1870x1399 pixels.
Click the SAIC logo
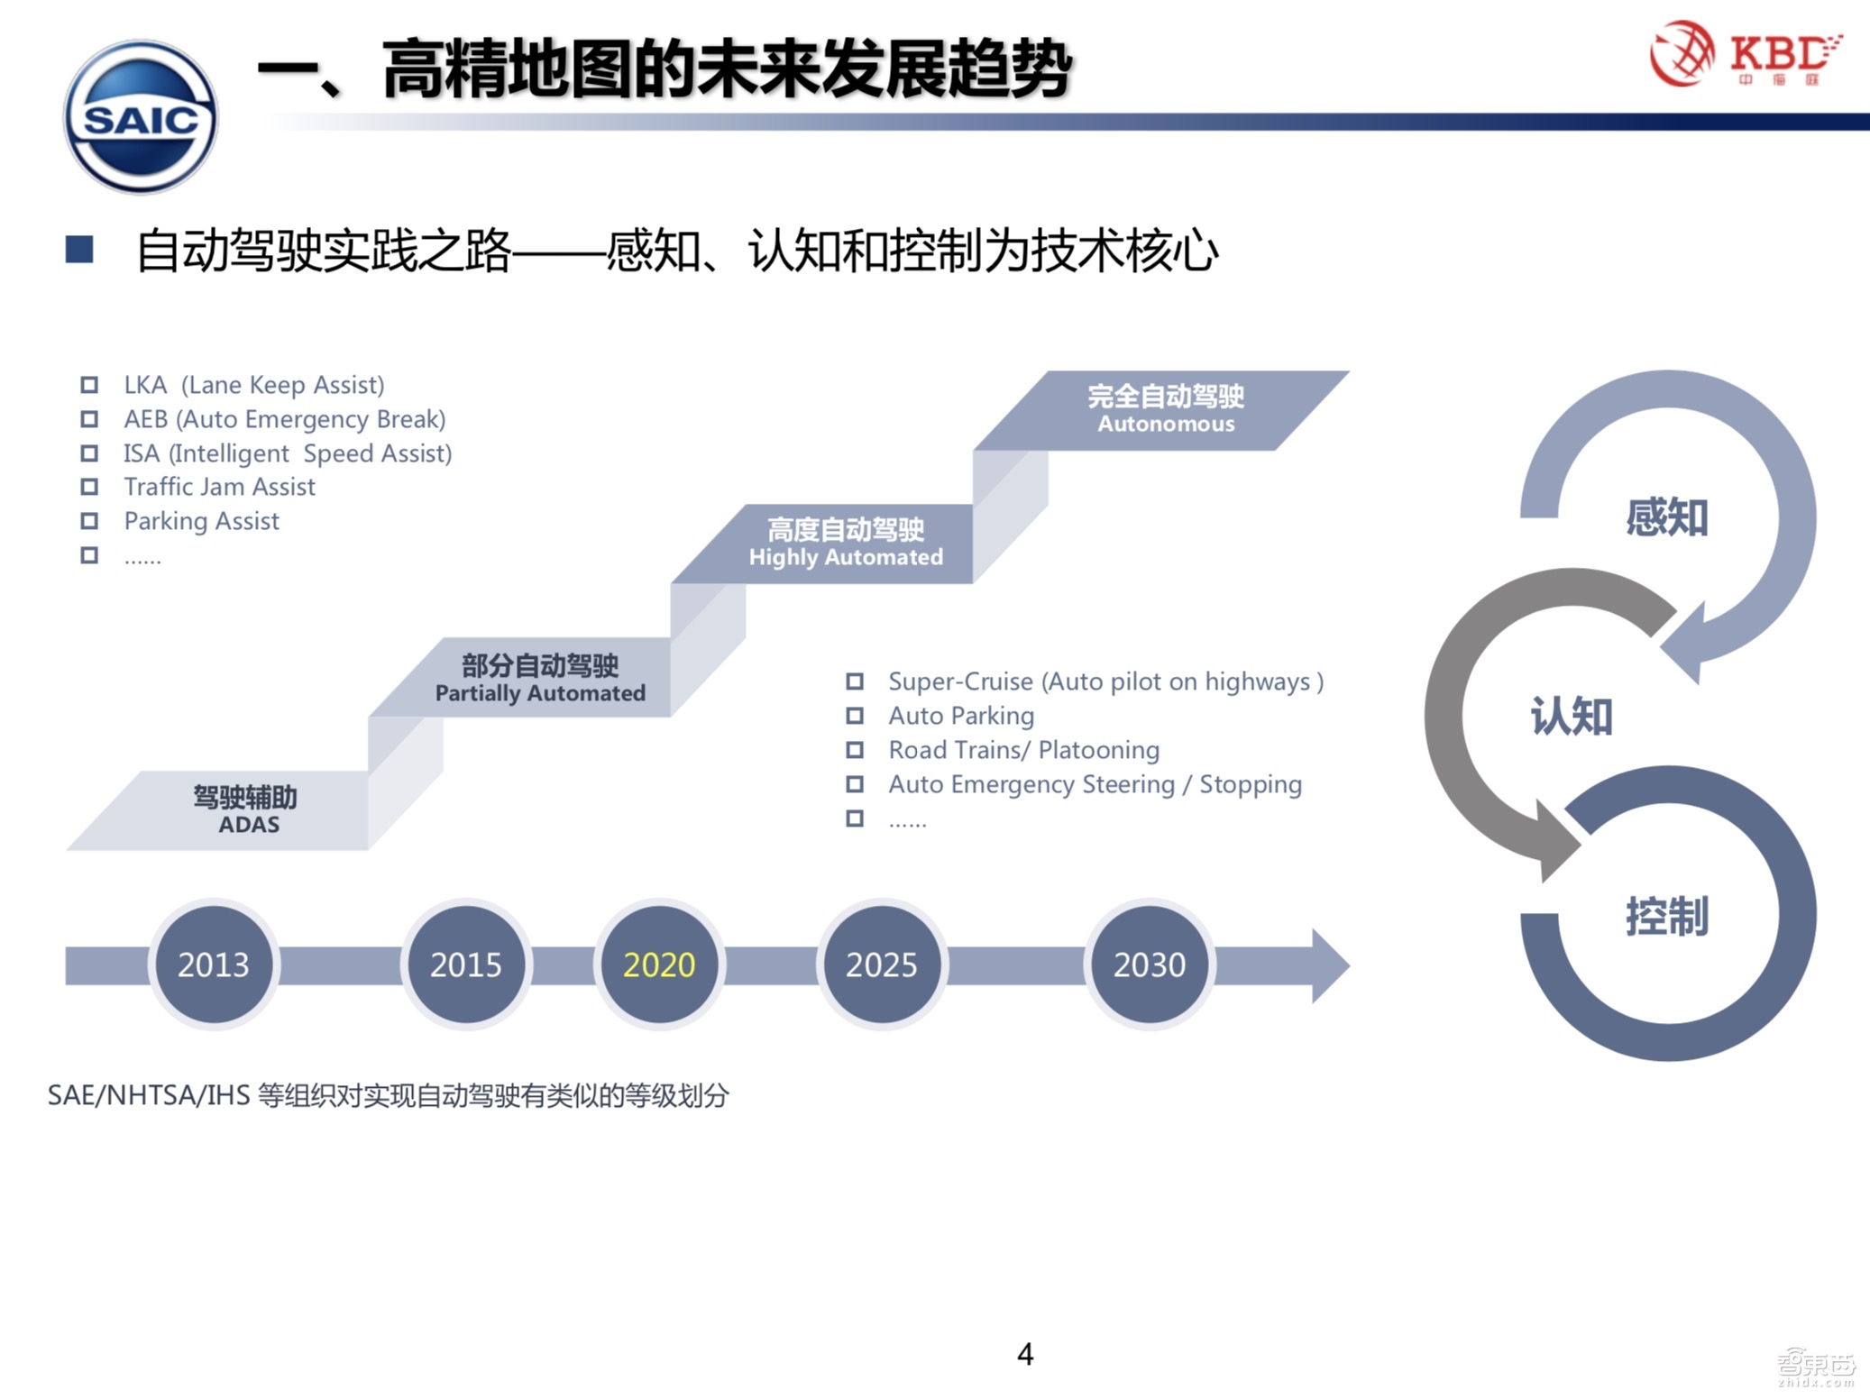point(141,117)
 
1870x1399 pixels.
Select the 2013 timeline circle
point(214,965)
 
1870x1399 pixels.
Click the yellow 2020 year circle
point(659,965)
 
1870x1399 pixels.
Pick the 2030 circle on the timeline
point(1150,965)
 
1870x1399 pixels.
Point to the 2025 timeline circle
point(881,965)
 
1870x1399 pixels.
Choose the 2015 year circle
point(465,965)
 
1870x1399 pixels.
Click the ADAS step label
point(245,809)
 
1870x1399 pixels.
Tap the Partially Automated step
point(539,678)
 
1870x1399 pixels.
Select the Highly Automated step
point(845,543)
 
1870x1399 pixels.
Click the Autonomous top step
point(1165,409)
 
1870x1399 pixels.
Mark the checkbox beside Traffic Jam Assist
point(89,487)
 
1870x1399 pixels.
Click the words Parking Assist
point(201,521)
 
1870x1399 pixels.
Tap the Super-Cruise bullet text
point(1105,681)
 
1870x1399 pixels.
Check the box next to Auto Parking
point(855,716)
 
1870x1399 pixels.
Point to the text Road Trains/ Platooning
point(1023,750)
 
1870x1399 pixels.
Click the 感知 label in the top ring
point(1666,517)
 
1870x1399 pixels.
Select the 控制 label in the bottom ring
point(1666,916)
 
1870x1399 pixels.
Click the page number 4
point(1025,1354)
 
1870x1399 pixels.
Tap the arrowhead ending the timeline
point(1330,965)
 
